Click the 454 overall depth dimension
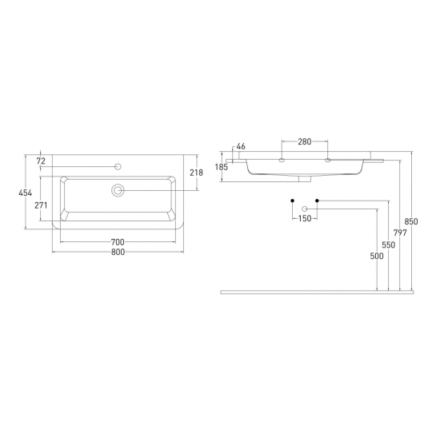click(x=26, y=193)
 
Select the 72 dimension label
click(x=41, y=161)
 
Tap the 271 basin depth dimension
click(x=41, y=205)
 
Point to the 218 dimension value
click(x=196, y=173)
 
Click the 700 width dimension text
click(x=118, y=242)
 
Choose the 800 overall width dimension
click(x=118, y=252)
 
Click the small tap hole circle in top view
click(x=118, y=167)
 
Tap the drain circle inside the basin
click(x=118, y=190)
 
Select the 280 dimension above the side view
click(x=305, y=141)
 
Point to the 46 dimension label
click(x=241, y=146)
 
